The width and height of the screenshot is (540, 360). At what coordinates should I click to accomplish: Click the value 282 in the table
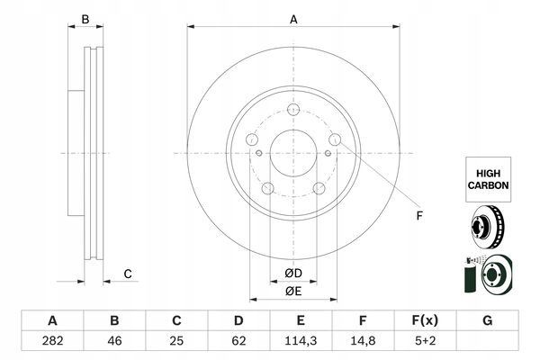point(52,341)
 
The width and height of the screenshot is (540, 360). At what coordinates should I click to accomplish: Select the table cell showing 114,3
point(301,341)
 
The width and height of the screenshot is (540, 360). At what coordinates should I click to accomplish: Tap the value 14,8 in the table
point(363,341)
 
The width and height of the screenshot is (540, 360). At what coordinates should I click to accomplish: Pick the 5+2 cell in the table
point(426,341)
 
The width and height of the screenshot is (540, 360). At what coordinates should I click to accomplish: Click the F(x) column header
point(425,320)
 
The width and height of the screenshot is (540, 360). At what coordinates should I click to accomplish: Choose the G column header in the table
point(487,320)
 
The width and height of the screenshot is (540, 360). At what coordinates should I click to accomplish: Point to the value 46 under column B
point(114,341)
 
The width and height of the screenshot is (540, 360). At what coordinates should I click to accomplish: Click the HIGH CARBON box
point(489,179)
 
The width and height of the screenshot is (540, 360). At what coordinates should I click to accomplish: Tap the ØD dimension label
point(293,274)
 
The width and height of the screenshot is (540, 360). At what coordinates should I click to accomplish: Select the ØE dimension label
point(293,292)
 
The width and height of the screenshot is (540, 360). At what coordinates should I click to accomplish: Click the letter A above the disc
point(293,20)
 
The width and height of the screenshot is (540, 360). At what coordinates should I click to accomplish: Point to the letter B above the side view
point(85,20)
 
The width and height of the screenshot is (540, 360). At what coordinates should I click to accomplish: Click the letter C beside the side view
point(128,274)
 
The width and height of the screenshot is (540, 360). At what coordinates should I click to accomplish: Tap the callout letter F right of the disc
point(419,216)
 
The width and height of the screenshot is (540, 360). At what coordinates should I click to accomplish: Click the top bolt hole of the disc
point(293,110)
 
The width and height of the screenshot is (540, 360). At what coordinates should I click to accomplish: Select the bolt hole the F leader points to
point(335,139)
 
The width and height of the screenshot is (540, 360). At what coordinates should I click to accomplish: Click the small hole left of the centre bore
point(259,153)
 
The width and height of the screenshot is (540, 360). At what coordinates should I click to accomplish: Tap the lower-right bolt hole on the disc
point(319,188)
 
